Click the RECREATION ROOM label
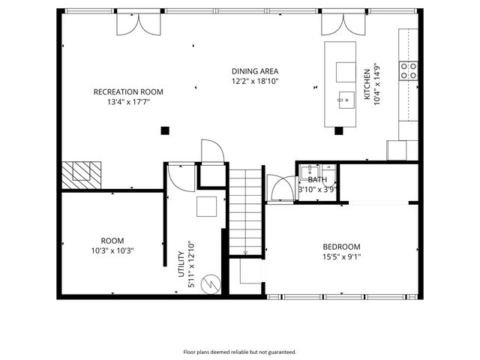click(x=127, y=91)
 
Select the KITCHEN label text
click(x=367, y=85)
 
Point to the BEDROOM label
click(x=341, y=247)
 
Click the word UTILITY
click(x=181, y=265)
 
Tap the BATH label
click(x=317, y=180)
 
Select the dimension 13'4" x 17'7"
click(x=127, y=103)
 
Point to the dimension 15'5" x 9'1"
click(x=341, y=258)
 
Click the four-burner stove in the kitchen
click(x=409, y=71)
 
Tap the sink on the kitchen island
click(x=346, y=97)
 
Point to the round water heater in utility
click(x=213, y=284)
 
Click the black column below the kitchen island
click(x=338, y=130)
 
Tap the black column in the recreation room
click(x=165, y=130)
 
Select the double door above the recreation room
click(x=139, y=24)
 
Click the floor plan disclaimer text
click(x=240, y=351)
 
